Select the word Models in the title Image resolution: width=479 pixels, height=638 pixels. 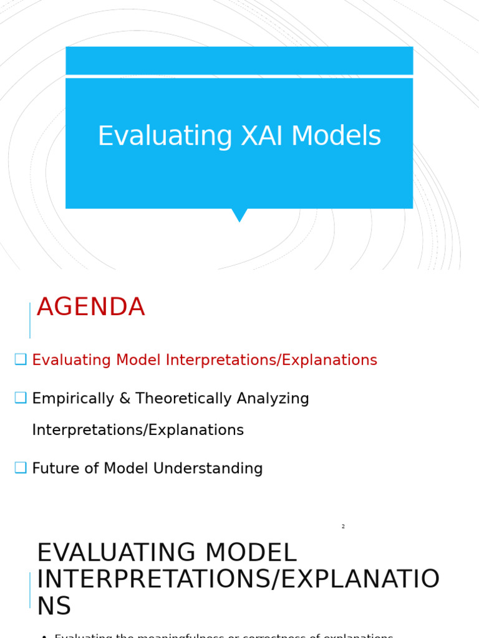[336, 137]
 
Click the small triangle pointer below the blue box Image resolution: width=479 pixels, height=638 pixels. [239, 214]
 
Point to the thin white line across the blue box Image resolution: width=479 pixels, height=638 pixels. [239, 76]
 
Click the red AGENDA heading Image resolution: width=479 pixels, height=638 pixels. [91, 308]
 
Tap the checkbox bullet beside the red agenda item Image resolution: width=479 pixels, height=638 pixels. [21, 359]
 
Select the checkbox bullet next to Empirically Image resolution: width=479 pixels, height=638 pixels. [21, 398]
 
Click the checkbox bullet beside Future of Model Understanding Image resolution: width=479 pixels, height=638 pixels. [21, 468]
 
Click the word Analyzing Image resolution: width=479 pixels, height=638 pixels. [273, 399]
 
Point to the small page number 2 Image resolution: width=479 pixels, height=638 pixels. [343, 526]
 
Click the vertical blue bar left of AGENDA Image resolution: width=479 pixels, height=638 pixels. [30, 320]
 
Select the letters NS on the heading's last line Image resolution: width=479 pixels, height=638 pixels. [54, 607]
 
